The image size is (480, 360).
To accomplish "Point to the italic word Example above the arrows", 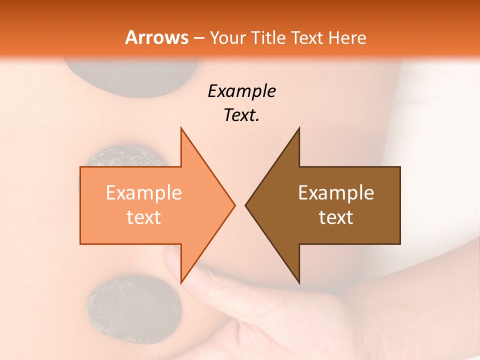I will pos(241,91).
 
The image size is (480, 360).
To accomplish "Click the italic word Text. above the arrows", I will pos(241,115).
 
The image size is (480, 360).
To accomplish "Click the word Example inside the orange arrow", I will pos(144,192).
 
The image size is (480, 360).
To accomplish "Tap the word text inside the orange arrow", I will pos(144,217).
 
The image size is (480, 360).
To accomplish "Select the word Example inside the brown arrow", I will pos(336,192).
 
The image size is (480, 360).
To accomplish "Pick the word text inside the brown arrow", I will pos(336,217).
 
